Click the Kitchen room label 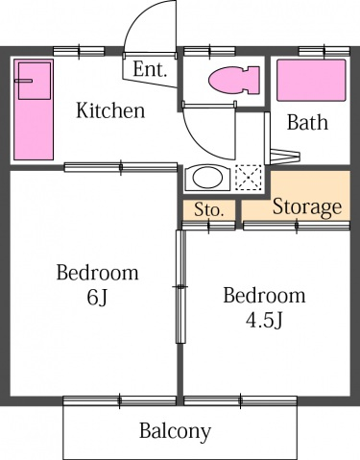coord(110,110)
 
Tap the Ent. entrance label coord(150,69)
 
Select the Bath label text coord(307,122)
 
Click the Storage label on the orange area coord(306,206)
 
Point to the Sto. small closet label coord(208,209)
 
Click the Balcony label coord(175,430)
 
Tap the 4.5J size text coord(264,319)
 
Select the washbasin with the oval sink coord(204,178)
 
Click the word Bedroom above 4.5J coord(264,295)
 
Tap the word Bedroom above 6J coord(96,273)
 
